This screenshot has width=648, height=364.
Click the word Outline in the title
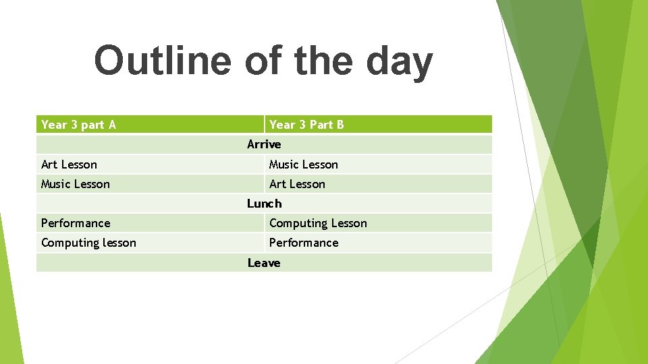click(162, 61)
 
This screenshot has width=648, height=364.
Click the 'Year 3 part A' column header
click(78, 125)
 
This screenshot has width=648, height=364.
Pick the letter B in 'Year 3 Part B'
click(340, 125)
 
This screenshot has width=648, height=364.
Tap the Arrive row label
click(264, 144)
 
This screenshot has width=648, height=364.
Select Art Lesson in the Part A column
click(69, 164)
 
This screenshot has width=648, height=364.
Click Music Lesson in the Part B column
click(303, 164)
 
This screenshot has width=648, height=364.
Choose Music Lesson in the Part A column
click(75, 184)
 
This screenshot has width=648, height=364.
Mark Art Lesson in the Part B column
click(297, 184)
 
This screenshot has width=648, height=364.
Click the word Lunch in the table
click(264, 204)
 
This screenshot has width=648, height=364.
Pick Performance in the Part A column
click(76, 223)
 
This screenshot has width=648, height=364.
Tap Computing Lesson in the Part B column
click(318, 224)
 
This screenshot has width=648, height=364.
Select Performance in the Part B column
click(304, 243)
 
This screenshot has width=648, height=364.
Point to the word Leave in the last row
click(264, 263)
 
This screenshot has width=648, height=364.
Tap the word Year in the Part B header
click(282, 125)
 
